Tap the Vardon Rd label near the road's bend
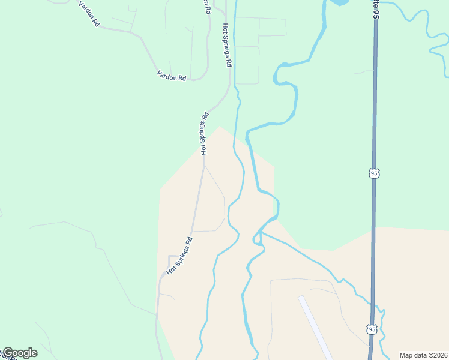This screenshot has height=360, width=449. pos(172,76)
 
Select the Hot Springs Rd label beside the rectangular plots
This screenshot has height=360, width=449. pos(227,44)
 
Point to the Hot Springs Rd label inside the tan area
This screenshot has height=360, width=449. pos(179,256)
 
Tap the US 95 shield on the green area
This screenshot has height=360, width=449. pos(373,173)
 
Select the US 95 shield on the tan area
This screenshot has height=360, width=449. pos(372,329)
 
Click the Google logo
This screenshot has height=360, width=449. pos(20,353)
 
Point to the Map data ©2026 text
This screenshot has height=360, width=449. pos(423,355)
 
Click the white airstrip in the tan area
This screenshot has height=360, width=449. pos(315,327)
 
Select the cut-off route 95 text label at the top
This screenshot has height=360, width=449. pos(376,8)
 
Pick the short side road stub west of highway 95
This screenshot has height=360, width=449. pos(364,72)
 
